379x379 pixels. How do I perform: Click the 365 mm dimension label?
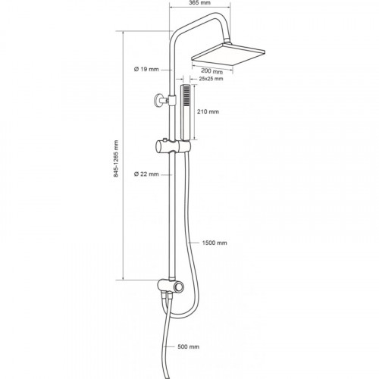point(199,3)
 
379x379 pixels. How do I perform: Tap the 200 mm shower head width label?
point(212,71)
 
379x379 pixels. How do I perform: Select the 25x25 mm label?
point(211,79)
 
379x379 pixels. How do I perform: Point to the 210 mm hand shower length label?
point(208,111)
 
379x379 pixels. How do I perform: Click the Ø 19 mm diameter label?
point(146,69)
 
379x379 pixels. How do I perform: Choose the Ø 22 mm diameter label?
point(146,174)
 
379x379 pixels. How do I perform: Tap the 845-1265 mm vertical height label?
point(116,158)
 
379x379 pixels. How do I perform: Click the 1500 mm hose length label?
point(215,243)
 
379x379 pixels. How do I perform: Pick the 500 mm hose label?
point(188,346)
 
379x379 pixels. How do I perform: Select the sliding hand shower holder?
point(173,146)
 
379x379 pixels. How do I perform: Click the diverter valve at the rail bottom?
point(171,286)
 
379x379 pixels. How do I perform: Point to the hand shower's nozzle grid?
point(186,96)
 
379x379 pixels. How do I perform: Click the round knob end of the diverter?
point(180,287)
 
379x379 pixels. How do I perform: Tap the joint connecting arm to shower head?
point(227,41)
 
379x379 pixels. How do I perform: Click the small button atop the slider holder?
point(164,139)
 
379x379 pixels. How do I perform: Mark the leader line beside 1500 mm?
point(193,243)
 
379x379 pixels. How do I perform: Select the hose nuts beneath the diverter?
point(168,295)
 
